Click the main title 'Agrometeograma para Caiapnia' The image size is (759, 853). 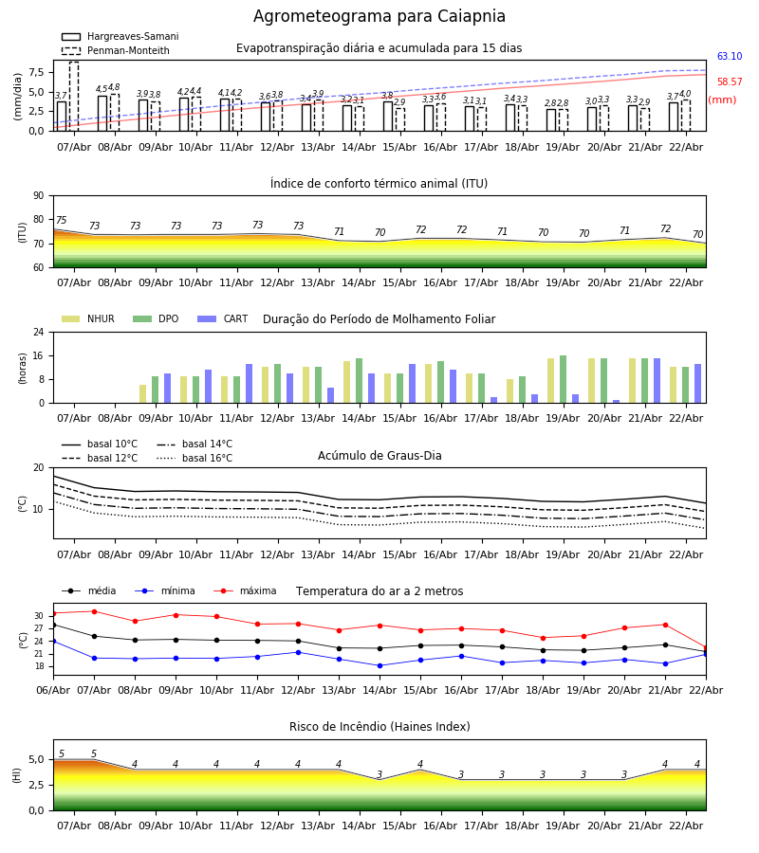pyautogui.click(x=379, y=16)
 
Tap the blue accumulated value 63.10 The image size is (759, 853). pyautogui.click(x=729, y=57)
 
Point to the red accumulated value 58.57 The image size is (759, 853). pyautogui.click(x=729, y=82)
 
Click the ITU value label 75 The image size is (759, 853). pyautogui.click(x=61, y=221)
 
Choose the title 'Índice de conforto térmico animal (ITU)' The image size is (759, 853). pyautogui.click(x=379, y=184)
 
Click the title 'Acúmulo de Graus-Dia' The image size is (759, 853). pyautogui.click(x=379, y=456)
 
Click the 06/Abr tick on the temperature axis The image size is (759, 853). pyautogui.click(x=53, y=689)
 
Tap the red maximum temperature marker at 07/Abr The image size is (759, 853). pyautogui.click(x=94, y=611)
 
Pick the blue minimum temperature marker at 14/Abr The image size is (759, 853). pyautogui.click(x=379, y=665)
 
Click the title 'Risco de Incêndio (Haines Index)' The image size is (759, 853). pyautogui.click(x=379, y=727)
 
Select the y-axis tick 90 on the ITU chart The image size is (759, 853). pyautogui.click(x=38, y=196)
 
